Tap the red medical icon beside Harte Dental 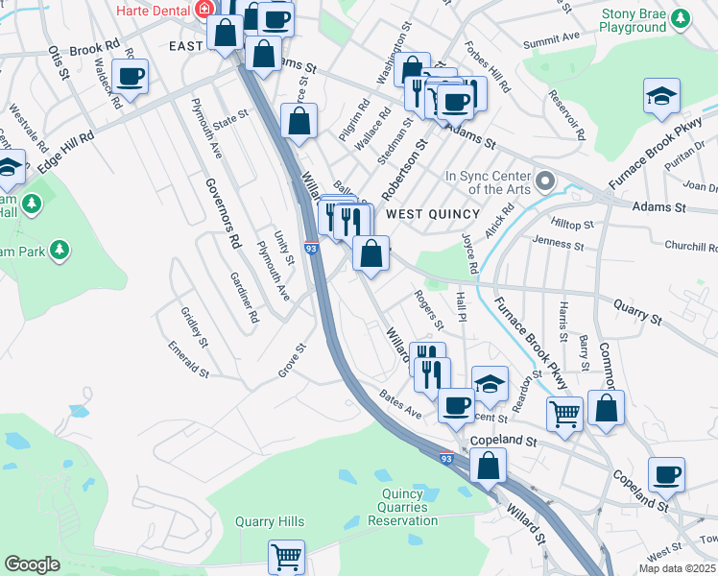point(203,10)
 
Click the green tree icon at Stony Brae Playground point(681,18)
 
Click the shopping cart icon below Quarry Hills point(287,554)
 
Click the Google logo point(32,564)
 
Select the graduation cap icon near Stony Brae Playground point(661,95)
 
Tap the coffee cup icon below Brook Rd point(130,76)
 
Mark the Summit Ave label point(552,39)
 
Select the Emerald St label point(188,358)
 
